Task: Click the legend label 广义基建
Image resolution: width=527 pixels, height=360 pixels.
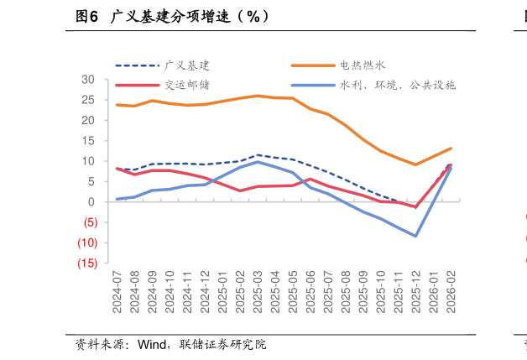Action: pos(186,65)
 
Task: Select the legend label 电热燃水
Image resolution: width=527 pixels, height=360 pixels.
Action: pos(362,65)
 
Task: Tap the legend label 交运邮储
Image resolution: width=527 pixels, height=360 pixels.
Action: pos(186,85)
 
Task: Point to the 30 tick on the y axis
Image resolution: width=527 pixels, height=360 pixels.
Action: pos(88,80)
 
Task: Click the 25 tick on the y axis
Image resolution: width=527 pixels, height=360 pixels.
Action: pos(88,100)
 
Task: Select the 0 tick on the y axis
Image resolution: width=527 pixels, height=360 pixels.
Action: pos(91,202)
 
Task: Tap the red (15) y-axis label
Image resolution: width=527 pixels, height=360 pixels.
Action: pos(86,263)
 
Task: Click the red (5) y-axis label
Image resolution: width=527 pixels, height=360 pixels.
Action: pos(88,222)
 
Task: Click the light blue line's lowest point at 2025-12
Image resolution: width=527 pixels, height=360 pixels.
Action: pos(415,236)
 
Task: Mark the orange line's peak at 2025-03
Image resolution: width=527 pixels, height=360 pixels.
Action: pos(258,96)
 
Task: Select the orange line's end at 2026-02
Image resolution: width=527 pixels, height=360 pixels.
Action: pos(451,149)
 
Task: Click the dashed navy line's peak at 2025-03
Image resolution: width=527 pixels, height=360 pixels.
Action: pos(258,155)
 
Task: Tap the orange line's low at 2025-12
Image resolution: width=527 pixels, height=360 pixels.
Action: pos(415,164)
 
